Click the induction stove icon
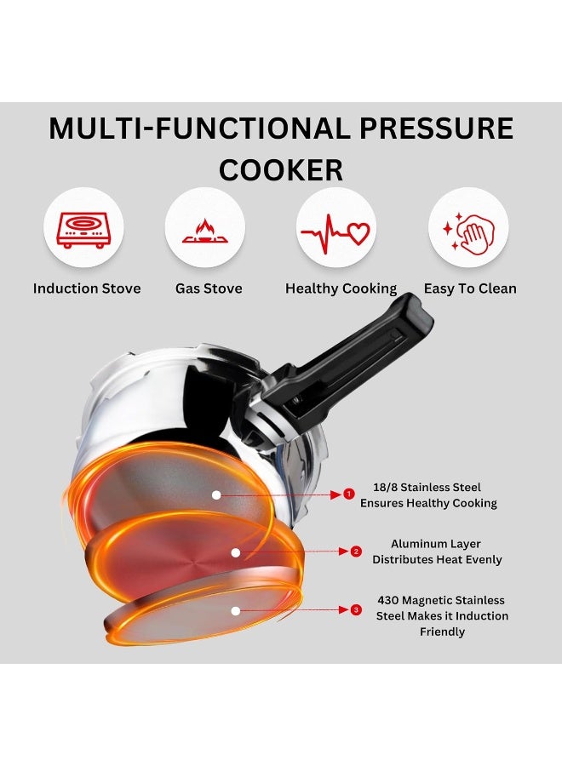tap(83, 228)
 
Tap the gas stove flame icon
tap(204, 228)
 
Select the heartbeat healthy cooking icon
tap(337, 228)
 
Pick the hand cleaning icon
tap(467, 228)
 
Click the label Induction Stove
tap(87, 289)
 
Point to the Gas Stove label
tap(209, 289)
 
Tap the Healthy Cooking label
tap(341, 289)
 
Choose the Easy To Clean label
tap(470, 289)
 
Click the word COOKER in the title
tap(281, 170)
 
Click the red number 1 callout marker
tap(347, 494)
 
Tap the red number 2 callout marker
tap(356, 552)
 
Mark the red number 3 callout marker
tap(356, 609)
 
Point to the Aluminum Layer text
tap(436, 544)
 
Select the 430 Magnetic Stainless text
tap(441, 600)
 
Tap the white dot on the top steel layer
tap(216, 494)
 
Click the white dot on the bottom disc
tap(236, 610)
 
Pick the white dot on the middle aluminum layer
tap(235, 552)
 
